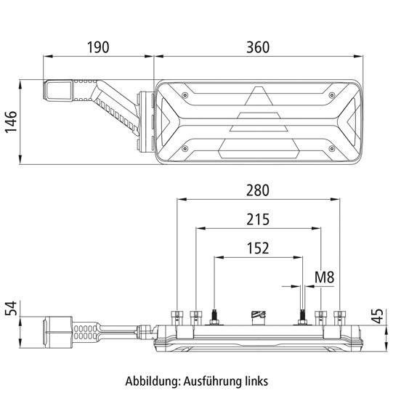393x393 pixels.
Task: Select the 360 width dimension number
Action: pyautogui.click(x=257, y=47)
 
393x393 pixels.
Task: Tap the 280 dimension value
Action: pyautogui.click(x=257, y=190)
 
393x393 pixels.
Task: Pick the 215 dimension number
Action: pyautogui.click(x=257, y=219)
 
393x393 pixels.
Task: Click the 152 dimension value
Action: pyautogui.click(x=257, y=248)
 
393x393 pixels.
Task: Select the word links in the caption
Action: pyautogui.click(x=256, y=380)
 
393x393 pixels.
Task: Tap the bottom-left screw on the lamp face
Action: pyautogui.click(x=187, y=148)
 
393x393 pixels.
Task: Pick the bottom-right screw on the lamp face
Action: pyautogui.click(x=332, y=148)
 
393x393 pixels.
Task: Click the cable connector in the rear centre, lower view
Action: pyautogui.click(x=258, y=315)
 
